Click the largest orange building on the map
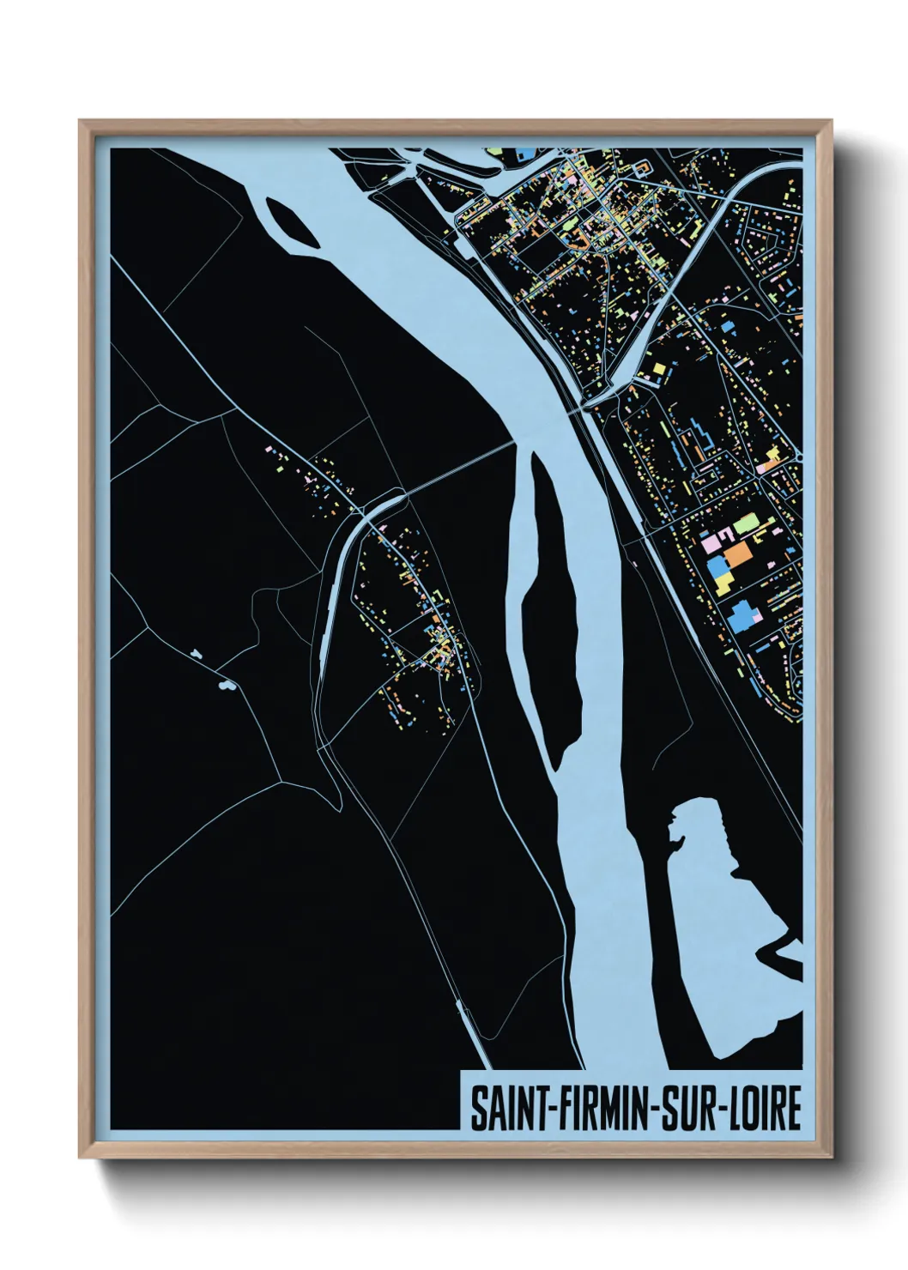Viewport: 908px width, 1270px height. pyautogui.click(x=737, y=554)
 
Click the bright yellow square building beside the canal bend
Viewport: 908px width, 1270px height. pyautogui.click(x=659, y=369)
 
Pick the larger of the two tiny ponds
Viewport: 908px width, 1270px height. pyautogui.click(x=227, y=686)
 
